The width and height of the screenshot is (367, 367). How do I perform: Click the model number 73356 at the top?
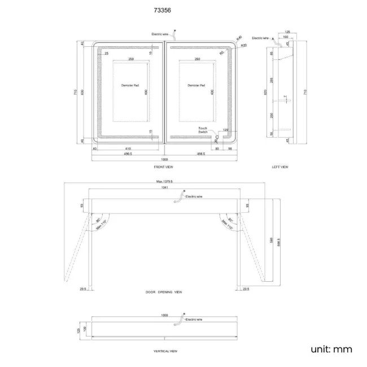coord(163,10)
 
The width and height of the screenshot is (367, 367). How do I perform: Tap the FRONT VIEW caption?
coord(163,168)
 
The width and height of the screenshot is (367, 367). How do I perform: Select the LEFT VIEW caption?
coord(280,167)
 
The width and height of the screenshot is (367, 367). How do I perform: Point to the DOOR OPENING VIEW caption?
coord(163,292)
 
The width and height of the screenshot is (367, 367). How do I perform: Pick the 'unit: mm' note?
coord(331,349)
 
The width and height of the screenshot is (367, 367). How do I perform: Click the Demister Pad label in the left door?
coord(130,85)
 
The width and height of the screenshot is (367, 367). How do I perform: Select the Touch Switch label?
coord(203,130)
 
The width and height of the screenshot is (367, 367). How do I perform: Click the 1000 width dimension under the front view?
coord(163,160)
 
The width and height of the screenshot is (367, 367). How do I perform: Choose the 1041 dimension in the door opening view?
coord(164,187)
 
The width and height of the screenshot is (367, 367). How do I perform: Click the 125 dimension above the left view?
coord(287,32)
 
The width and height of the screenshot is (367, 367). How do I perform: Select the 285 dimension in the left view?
coord(272,80)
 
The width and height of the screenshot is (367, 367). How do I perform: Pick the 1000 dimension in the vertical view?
coord(164,314)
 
